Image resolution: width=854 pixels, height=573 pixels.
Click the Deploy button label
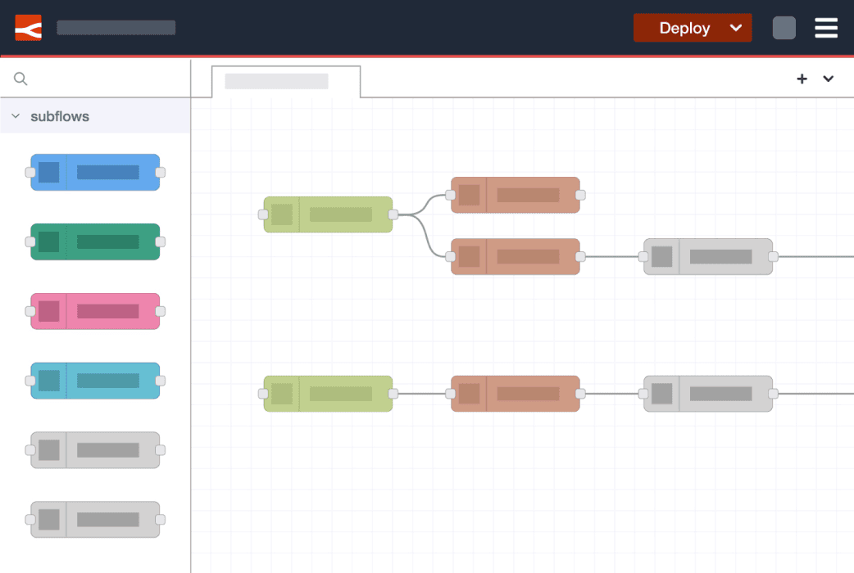click(x=684, y=28)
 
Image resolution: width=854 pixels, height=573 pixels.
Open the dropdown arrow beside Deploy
click(x=736, y=28)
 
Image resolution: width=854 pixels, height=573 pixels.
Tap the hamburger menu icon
click(x=826, y=28)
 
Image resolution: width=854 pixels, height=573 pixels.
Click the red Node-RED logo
click(x=28, y=28)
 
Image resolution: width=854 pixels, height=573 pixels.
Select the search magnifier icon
click(x=21, y=79)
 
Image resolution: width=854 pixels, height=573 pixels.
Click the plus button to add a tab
click(x=802, y=79)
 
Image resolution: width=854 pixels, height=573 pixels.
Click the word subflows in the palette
click(x=60, y=116)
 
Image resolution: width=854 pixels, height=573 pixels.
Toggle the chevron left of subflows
click(x=15, y=116)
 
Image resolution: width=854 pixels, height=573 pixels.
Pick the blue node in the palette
click(x=95, y=172)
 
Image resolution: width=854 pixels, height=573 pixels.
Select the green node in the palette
click(x=95, y=241)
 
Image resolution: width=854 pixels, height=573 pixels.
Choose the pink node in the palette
click(x=95, y=311)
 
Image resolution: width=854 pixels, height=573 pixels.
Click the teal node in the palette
click(x=95, y=381)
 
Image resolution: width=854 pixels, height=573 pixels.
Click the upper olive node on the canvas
click(x=328, y=214)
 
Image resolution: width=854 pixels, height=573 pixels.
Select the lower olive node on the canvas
click(x=328, y=394)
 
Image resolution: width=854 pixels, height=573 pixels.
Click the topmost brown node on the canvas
click(x=516, y=195)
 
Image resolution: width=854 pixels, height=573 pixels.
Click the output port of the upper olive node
click(x=393, y=214)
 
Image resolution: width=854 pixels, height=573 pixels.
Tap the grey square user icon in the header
click(x=784, y=28)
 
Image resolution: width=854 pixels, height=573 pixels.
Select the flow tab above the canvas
click(x=285, y=81)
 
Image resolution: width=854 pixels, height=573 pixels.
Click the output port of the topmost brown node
click(x=580, y=195)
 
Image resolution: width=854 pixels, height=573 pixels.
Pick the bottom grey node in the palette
click(x=95, y=520)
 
